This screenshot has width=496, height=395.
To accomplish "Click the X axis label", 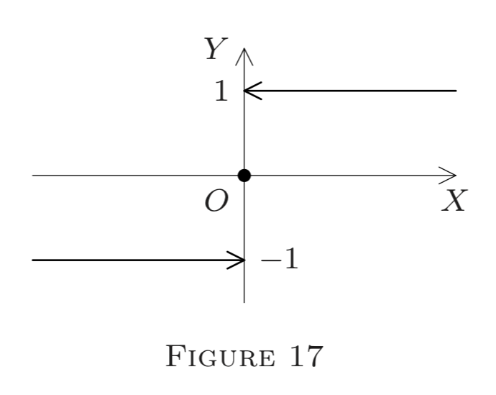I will [x=454, y=202].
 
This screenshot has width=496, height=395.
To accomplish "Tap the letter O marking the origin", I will [x=215, y=202].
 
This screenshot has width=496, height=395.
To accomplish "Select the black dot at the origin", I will [x=244, y=175].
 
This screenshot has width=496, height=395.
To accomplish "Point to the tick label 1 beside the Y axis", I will [x=224, y=92].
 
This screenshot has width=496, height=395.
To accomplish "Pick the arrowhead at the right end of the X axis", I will [x=451, y=175].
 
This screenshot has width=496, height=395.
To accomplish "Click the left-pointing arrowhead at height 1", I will [x=252, y=91].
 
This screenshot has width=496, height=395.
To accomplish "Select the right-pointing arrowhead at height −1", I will [x=237, y=260].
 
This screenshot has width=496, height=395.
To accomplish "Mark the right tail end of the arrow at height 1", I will [x=456, y=91].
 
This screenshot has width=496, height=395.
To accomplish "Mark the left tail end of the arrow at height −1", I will [x=33, y=260].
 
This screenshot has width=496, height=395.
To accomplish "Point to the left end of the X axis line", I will [x=33, y=175].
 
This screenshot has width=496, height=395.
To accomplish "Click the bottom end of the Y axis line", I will [x=244, y=301].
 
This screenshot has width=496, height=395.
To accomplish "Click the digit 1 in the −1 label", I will [x=289, y=260].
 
